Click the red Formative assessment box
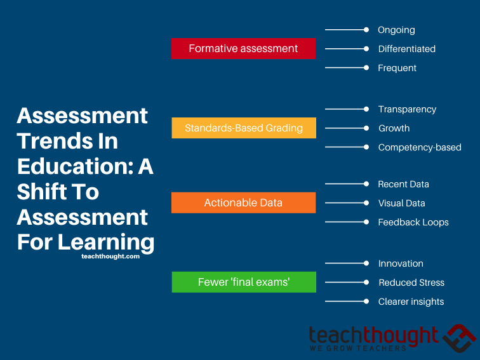243,48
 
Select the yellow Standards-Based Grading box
243,128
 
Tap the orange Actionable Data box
243,203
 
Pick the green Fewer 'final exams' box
243,282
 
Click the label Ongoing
396,30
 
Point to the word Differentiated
406,49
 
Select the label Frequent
397,68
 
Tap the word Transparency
407,109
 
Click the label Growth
394,128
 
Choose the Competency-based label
420,147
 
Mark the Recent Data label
403,184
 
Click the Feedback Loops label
413,222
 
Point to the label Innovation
401,263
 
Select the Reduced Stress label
411,283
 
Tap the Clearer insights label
411,302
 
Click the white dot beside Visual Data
366,203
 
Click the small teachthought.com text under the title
110,257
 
